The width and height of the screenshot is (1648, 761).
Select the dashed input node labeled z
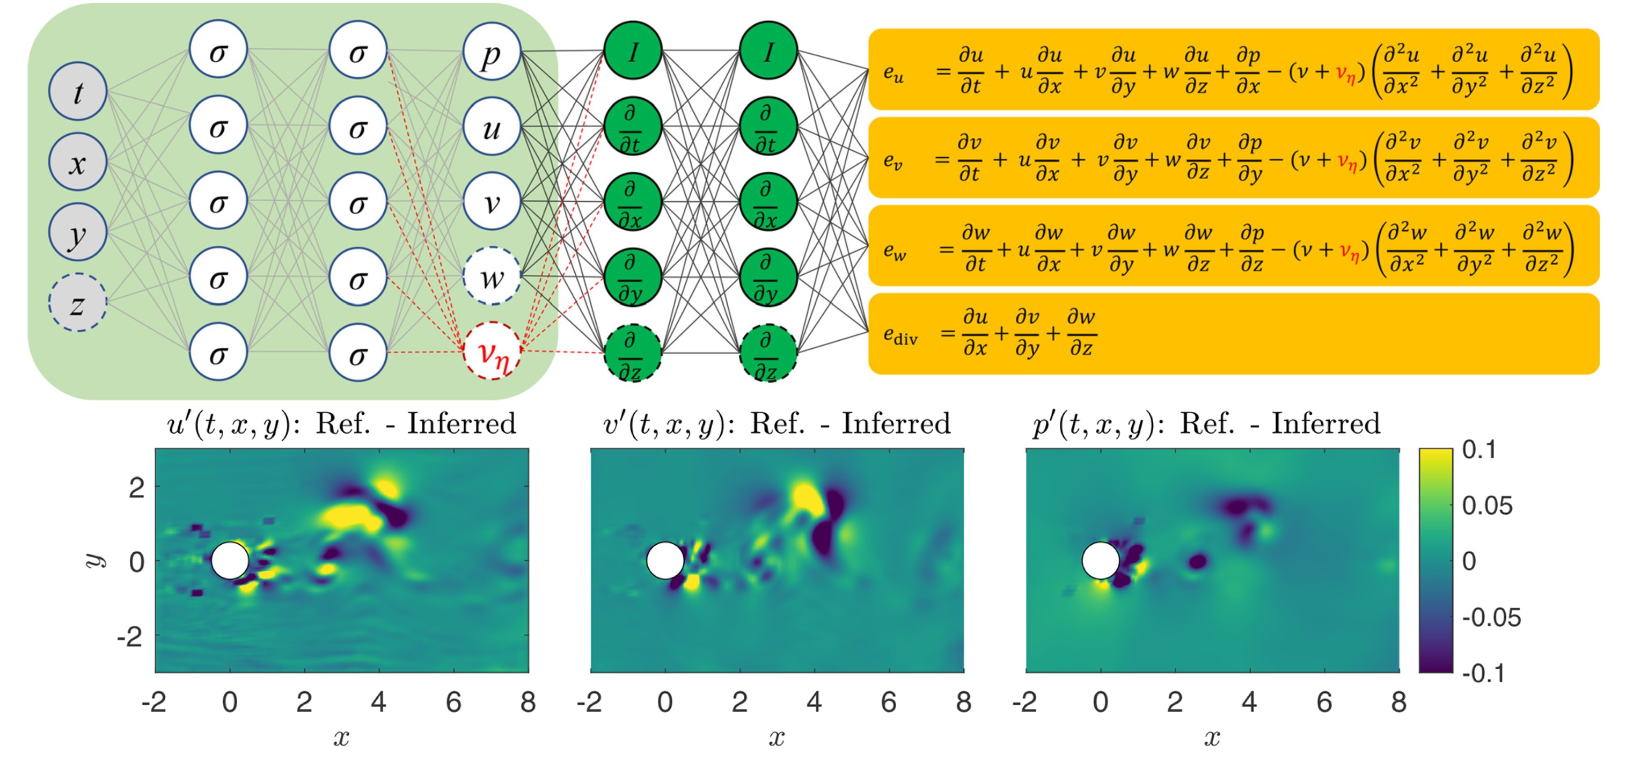click(x=77, y=302)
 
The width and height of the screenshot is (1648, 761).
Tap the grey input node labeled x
click(x=77, y=162)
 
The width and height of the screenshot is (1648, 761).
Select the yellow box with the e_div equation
click(x=1233, y=333)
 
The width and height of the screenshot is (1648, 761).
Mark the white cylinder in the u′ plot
click(x=230, y=561)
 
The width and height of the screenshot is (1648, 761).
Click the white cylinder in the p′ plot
click(x=1101, y=561)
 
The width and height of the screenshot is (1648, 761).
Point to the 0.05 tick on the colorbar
click(x=1488, y=506)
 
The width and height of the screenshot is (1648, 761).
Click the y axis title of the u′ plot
click(x=94, y=561)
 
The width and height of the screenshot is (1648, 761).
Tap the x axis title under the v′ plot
click(x=777, y=738)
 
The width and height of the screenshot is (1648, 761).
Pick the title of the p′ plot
click(x=1206, y=424)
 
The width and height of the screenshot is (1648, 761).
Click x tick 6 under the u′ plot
click(x=453, y=702)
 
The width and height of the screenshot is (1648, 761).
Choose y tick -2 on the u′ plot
click(x=130, y=636)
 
